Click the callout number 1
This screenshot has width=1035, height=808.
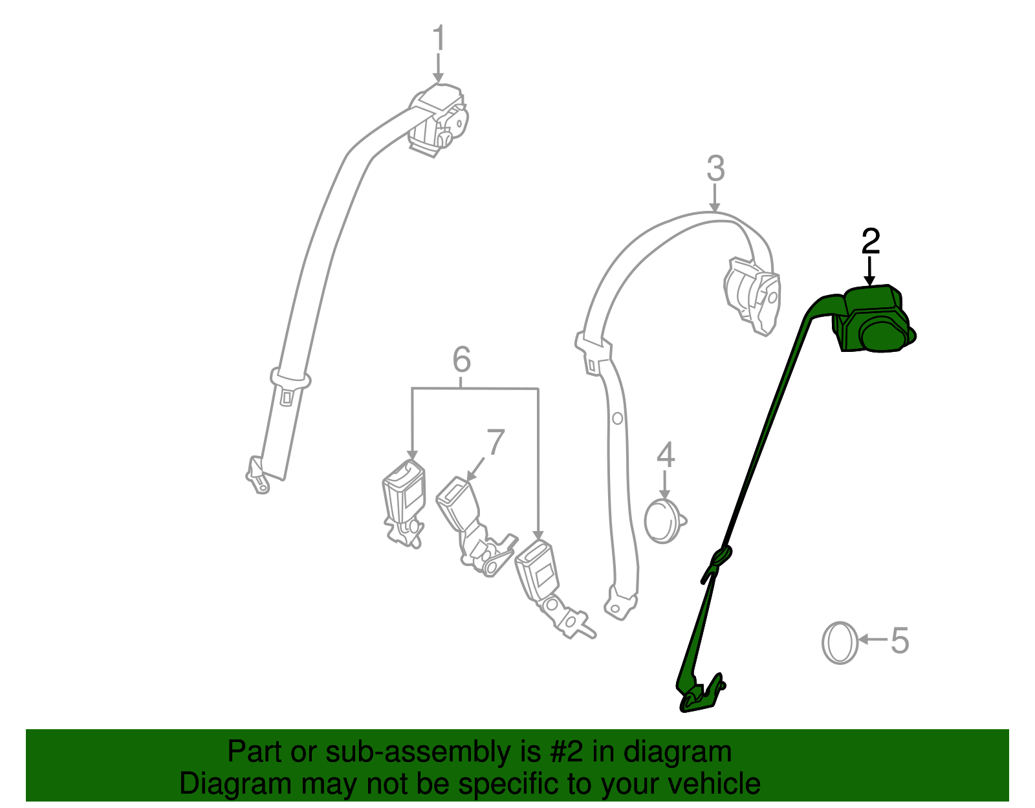pyautogui.click(x=439, y=38)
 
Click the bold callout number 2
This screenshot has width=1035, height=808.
pyautogui.click(x=871, y=241)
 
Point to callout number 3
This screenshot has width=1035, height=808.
pyautogui.click(x=715, y=169)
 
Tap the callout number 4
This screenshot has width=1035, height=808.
pyautogui.click(x=666, y=455)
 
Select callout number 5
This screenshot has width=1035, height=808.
pyautogui.click(x=899, y=640)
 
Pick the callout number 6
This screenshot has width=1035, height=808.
pyautogui.click(x=461, y=360)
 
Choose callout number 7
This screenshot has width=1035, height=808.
pyautogui.click(x=496, y=442)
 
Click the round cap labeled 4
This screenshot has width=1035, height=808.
pyautogui.click(x=665, y=521)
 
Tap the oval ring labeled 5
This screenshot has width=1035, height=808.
pyautogui.click(x=840, y=643)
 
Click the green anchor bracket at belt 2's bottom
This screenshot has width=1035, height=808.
pyautogui.click(x=700, y=693)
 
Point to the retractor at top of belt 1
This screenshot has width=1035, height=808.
pyautogui.click(x=437, y=120)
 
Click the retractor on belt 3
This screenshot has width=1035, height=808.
pyautogui.click(x=752, y=296)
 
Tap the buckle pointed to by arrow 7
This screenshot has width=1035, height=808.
pyautogui.click(x=475, y=527)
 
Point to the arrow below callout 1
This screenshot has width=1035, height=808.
pyautogui.click(x=438, y=68)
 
